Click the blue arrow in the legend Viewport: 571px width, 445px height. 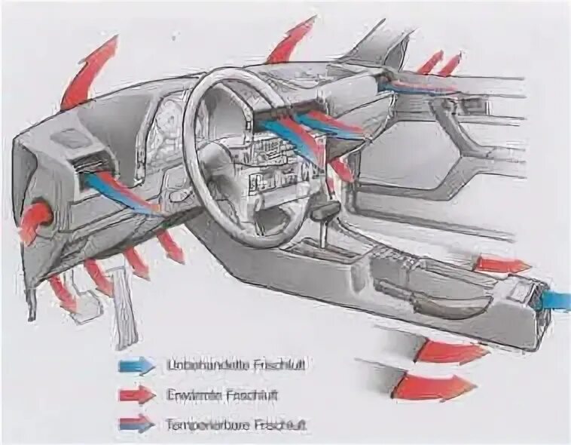(136, 366)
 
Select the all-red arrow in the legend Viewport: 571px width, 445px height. (136, 394)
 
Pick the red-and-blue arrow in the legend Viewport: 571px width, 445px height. (136, 423)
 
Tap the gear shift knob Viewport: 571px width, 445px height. (328, 210)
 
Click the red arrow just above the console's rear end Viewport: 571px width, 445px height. (501, 265)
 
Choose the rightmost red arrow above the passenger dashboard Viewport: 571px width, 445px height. (450, 65)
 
